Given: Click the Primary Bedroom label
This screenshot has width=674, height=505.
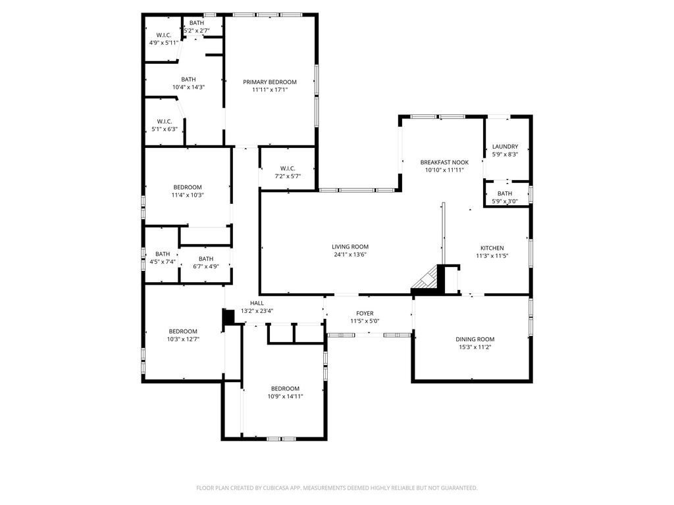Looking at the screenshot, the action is (269, 82).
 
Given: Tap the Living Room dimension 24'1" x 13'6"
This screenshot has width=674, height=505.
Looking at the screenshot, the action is (350, 254).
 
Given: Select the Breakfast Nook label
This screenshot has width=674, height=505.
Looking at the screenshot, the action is (444, 162).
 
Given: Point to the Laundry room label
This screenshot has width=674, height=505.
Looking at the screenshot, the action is (505, 147).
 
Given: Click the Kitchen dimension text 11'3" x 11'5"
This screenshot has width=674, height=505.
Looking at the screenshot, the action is (492, 256).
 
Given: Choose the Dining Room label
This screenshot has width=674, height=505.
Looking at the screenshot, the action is (475, 339).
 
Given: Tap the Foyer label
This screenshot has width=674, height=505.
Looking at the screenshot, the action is (365, 314).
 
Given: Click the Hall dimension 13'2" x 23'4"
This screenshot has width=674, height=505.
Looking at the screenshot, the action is (257, 311).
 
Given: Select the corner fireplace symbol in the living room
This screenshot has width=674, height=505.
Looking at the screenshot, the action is (425, 278).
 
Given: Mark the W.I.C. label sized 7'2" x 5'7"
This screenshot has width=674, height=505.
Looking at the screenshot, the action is (288, 168).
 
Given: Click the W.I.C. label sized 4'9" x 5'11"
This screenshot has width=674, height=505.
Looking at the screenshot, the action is (164, 36).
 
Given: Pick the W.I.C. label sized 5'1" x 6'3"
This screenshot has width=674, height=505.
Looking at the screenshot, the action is (165, 122).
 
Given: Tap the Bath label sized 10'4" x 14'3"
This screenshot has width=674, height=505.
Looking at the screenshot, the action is (188, 80).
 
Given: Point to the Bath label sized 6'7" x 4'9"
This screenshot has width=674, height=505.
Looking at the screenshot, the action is (206, 259).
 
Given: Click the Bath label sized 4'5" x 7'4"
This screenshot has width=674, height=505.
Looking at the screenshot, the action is (163, 254).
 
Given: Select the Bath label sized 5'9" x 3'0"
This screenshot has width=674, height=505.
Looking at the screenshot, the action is (505, 194).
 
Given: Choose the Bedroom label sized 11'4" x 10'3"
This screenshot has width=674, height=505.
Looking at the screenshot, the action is (188, 187).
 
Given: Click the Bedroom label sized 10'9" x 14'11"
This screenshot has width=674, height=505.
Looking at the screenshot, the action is (285, 389).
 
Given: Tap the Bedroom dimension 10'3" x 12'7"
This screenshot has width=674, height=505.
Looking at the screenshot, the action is (183, 339).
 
